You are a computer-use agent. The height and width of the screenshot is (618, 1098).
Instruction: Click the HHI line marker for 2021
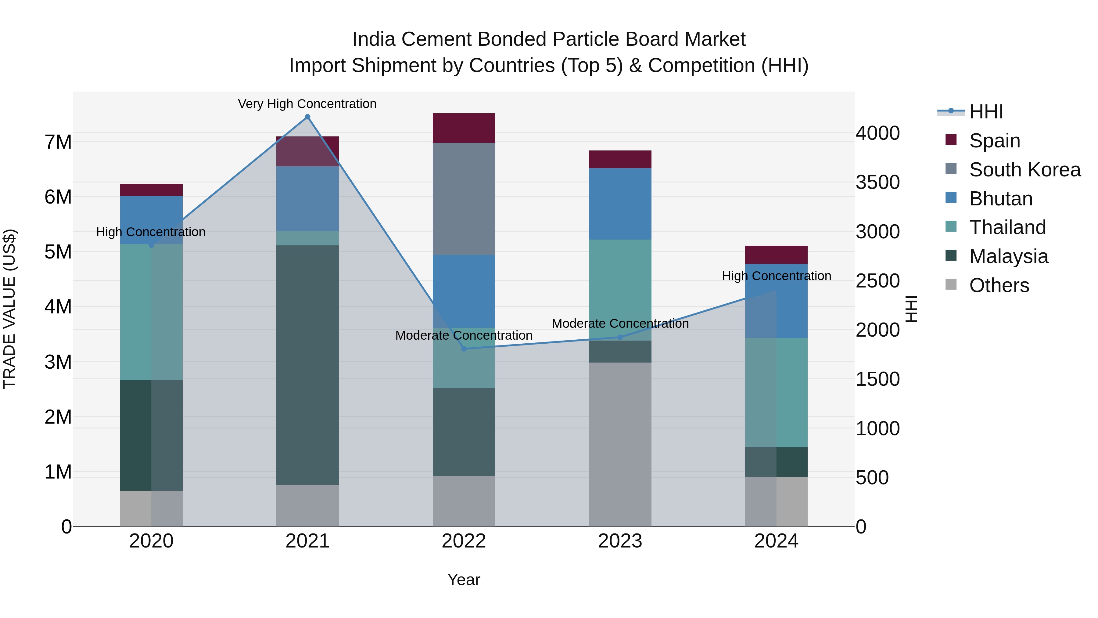pyautogui.click(x=307, y=117)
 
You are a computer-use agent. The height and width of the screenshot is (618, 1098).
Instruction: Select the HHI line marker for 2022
pyautogui.click(x=464, y=349)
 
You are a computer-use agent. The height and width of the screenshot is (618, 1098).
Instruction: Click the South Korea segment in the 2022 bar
pyautogui.click(x=464, y=199)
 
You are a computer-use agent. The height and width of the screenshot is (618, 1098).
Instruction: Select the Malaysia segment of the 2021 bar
pyautogui.click(x=307, y=365)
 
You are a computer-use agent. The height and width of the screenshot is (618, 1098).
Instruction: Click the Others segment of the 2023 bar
pyautogui.click(x=620, y=444)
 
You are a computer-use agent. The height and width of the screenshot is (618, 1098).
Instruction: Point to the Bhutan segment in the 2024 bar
pyautogui.click(x=776, y=301)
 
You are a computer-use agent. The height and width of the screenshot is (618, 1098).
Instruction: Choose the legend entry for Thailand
pyautogui.click(x=1007, y=227)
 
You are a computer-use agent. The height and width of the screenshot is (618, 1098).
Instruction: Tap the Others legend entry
pyautogui.click(x=999, y=285)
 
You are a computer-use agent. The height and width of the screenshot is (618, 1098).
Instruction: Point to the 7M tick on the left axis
pyautogui.click(x=58, y=142)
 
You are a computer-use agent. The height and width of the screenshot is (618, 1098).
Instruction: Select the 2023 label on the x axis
pyautogui.click(x=620, y=541)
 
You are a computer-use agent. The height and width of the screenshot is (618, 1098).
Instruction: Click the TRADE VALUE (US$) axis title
pyautogui.click(x=9, y=309)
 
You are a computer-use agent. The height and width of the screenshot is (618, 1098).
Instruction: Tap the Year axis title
pyautogui.click(x=464, y=580)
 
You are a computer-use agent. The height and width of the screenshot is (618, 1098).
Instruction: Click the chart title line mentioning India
pyautogui.click(x=549, y=39)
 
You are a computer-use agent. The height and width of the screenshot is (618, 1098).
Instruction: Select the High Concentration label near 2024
pyautogui.click(x=776, y=276)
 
